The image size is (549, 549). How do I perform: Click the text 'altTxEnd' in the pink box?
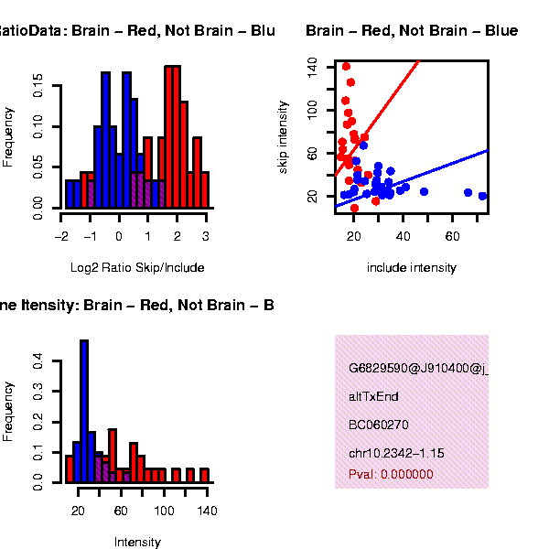click(373, 397)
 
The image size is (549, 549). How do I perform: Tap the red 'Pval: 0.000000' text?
click(391, 475)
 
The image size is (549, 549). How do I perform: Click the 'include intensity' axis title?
click(411, 268)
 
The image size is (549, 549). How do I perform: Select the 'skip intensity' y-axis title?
click(284, 137)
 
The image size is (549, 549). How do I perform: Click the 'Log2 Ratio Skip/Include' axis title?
click(137, 268)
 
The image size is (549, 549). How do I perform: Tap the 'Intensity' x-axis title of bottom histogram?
click(137, 543)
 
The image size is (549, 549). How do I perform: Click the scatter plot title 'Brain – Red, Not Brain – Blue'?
click(412, 32)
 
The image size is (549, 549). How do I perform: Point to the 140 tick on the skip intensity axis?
click(313, 66)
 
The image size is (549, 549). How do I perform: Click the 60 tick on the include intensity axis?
click(452, 235)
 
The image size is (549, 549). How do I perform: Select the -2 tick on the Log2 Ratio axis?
click(61, 235)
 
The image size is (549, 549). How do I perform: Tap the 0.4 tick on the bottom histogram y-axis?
click(38, 361)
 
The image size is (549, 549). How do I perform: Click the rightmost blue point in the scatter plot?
click(483, 196)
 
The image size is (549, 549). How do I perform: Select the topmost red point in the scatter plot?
click(346, 66)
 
